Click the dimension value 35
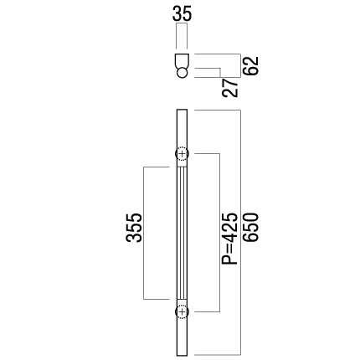tap(183, 14)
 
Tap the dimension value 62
tap(250, 65)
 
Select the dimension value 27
tap(230, 88)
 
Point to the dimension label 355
tap(134, 228)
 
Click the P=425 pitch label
tap(230, 239)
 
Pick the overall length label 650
tap(251, 228)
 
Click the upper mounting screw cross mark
tap(182, 154)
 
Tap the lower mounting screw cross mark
tap(182, 311)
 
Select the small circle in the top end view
tap(182, 73)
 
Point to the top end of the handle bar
tap(182, 110)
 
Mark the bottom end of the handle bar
tap(182, 355)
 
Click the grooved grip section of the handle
tap(182, 233)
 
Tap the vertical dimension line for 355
tap(143, 233)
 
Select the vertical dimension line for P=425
tap(220, 233)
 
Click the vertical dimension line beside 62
tap(240, 65)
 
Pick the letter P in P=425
tap(230, 259)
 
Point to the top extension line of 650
tap(218, 111)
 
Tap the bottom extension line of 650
tap(218, 355)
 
